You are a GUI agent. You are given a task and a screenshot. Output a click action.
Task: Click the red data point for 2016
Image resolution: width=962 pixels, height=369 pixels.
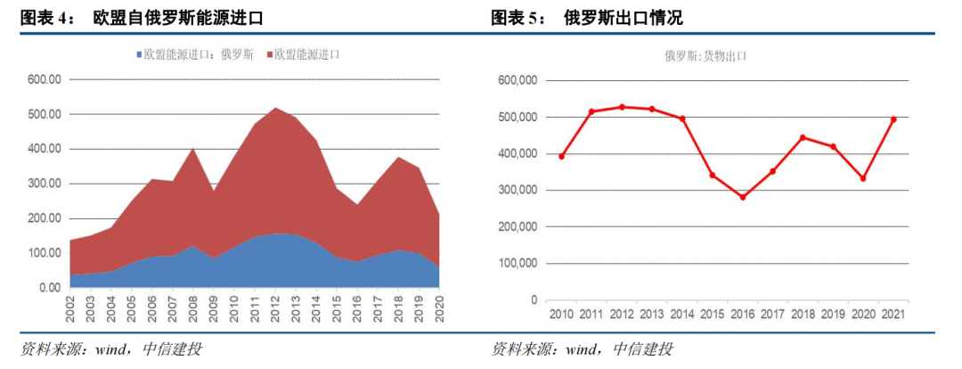(x=742, y=197)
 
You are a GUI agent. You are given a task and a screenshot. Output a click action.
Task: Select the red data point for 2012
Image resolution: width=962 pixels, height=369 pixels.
(x=622, y=107)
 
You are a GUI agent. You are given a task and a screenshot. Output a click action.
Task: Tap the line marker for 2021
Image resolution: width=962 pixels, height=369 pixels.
(x=893, y=119)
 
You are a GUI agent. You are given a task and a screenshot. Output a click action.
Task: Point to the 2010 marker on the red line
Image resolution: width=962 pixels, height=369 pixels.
(x=561, y=157)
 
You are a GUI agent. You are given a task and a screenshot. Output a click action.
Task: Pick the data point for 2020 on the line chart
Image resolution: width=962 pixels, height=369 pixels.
(x=863, y=178)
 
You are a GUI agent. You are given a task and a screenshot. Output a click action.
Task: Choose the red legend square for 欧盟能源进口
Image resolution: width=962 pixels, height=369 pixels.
(x=268, y=55)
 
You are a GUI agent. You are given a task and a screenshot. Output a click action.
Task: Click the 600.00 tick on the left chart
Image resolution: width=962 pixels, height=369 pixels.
(x=43, y=79)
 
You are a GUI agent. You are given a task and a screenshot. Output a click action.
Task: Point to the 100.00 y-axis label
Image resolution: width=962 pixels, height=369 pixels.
(x=43, y=253)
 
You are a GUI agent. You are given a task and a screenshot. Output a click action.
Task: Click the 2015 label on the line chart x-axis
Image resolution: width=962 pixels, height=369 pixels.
(x=713, y=314)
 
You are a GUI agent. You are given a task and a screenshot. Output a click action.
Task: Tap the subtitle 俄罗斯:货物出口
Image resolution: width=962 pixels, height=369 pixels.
(x=705, y=55)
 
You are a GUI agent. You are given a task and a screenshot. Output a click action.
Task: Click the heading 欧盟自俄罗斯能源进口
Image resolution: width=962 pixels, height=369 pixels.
(x=178, y=18)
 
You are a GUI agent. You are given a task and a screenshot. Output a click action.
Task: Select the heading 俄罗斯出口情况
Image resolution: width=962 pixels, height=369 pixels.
(x=624, y=18)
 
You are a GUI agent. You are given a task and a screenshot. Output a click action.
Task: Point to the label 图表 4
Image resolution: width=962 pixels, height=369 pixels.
(x=45, y=18)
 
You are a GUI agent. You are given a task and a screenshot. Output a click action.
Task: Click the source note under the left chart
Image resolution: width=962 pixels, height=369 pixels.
(x=111, y=349)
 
